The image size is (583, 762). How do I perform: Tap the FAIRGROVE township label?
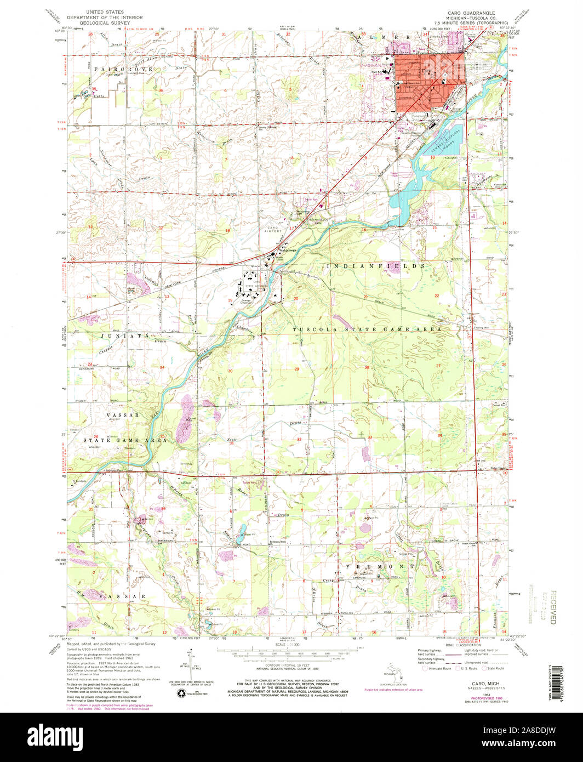(116, 69)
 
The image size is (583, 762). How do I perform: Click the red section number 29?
(296, 369)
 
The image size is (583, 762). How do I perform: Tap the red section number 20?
(295, 299)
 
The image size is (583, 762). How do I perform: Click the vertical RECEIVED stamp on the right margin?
(552, 608)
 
